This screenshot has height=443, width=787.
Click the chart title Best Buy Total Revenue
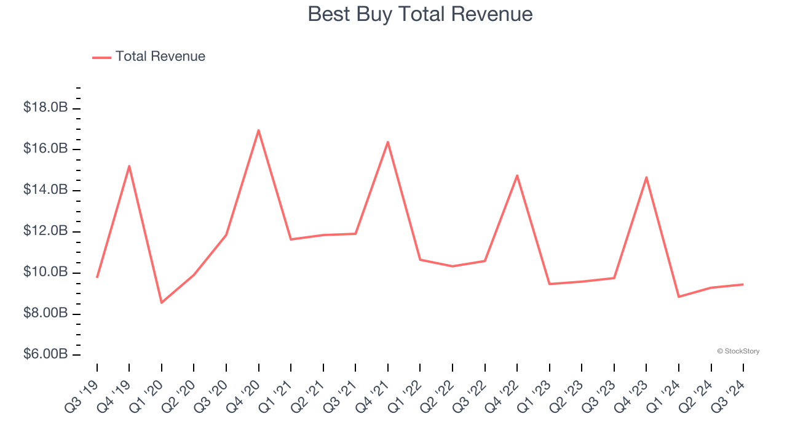(x=420, y=14)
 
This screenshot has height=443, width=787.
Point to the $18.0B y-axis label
(x=45, y=108)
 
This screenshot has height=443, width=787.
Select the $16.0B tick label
(x=45, y=149)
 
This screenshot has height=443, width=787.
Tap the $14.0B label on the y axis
(x=45, y=190)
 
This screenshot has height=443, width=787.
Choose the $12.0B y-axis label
(x=45, y=231)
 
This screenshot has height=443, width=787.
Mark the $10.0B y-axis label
(x=45, y=273)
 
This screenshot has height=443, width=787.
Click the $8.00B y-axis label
(x=45, y=314)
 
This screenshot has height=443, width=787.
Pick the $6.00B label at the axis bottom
(x=45, y=355)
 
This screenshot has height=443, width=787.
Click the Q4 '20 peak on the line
(x=258, y=130)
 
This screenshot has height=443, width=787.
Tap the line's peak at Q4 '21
(x=388, y=142)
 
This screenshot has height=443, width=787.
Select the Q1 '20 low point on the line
(x=162, y=302)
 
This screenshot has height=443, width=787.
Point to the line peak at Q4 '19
(x=129, y=166)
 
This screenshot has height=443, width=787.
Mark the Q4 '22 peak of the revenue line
(x=517, y=175)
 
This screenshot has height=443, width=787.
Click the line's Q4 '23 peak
(x=646, y=177)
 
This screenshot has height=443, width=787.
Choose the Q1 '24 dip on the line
(x=679, y=297)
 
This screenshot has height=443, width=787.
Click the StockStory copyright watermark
(x=738, y=351)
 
